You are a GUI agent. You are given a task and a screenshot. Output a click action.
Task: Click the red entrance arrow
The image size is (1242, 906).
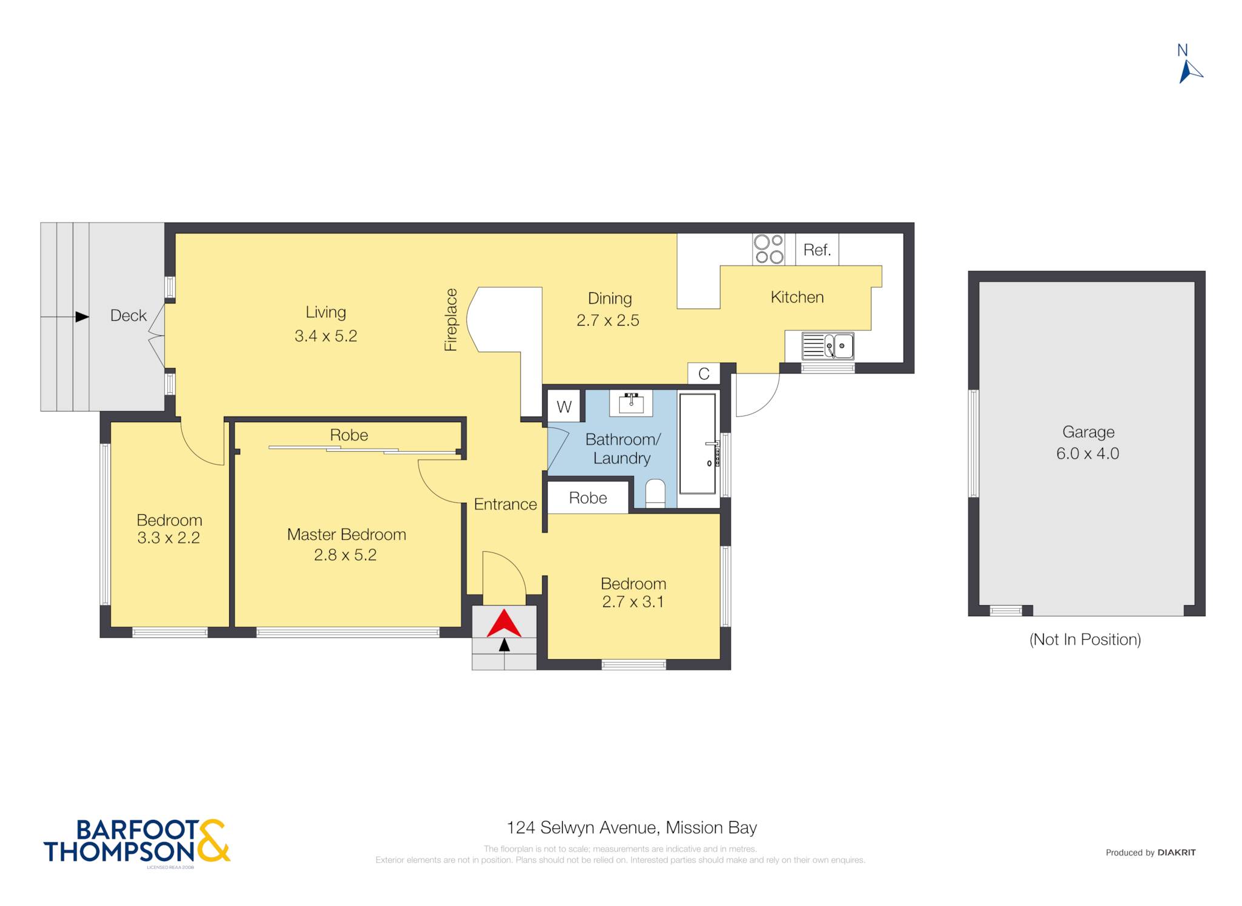click(x=504, y=625)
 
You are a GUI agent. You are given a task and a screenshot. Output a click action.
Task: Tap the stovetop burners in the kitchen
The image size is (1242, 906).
click(x=768, y=249)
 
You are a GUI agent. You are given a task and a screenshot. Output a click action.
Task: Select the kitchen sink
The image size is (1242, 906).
click(x=828, y=346)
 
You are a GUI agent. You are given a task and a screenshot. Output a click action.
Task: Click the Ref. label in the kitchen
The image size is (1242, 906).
click(x=817, y=250)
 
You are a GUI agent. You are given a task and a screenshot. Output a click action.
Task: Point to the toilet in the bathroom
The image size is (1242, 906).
click(x=655, y=494)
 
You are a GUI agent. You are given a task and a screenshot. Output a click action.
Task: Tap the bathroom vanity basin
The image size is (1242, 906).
click(x=631, y=403)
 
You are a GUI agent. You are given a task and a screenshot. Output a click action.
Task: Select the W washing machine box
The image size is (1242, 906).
click(x=564, y=406)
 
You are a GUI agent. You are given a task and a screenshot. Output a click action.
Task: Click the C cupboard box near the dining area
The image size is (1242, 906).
click(x=703, y=374)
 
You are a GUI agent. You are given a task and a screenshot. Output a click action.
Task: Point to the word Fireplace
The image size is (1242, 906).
click(x=451, y=320)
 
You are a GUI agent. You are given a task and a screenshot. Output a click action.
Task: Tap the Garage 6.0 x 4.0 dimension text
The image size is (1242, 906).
click(x=1088, y=453)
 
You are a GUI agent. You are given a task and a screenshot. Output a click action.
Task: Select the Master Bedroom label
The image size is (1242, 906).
click(x=346, y=534)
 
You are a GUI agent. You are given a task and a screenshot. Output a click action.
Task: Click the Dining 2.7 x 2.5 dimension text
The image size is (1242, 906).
click(x=608, y=320)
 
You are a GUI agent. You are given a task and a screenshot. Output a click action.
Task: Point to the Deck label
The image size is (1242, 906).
click(x=128, y=315)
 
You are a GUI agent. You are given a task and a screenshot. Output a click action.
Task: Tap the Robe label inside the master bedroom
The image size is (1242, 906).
click(x=349, y=435)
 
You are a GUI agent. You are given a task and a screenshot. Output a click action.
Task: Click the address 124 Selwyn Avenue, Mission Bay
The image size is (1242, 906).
click(x=631, y=828)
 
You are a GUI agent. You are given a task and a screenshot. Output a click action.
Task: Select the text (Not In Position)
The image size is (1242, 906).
click(x=1085, y=639)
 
